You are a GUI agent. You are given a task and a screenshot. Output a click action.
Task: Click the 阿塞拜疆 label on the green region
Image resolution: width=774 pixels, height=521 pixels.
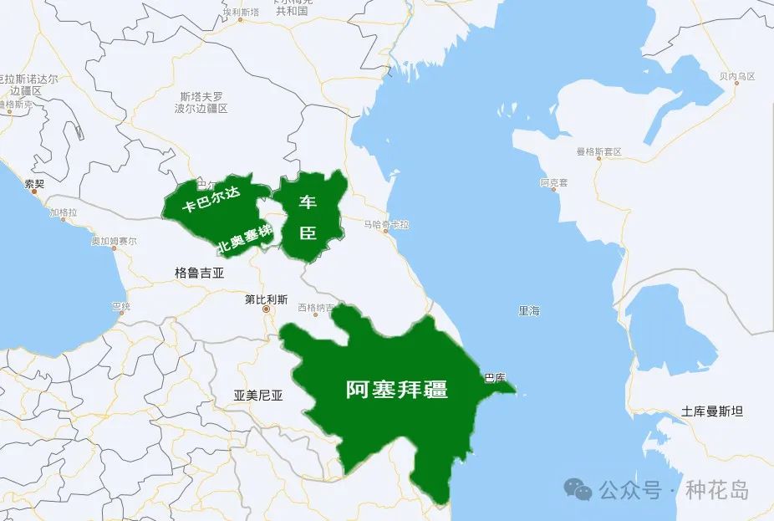pyautogui.click(x=397, y=390)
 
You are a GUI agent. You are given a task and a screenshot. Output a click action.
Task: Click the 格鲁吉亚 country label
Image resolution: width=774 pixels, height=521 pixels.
pyautogui.click(x=200, y=273)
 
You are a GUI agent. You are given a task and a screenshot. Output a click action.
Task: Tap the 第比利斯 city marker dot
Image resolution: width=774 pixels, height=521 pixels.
pyautogui.click(x=267, y=310)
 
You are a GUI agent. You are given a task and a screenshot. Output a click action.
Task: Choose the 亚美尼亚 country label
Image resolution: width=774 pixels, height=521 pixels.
pyautogui.click(x=258, y=396)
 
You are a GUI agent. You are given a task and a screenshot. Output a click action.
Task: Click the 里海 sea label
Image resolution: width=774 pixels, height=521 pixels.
pyautogui.click(x=529, y=311)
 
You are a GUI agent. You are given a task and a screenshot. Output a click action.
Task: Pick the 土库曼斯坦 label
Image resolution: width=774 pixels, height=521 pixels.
pyautogui.click(x=712, y=411)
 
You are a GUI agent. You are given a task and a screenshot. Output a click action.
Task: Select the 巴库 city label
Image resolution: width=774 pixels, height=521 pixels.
pyautogui.click(x=496, y=378)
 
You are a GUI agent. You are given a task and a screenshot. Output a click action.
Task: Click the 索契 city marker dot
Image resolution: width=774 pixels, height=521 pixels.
pyautogui.click(x=34, y=192)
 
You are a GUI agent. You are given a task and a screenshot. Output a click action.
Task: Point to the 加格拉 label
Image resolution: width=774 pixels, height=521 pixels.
pyautogui.click(x=63, y=213)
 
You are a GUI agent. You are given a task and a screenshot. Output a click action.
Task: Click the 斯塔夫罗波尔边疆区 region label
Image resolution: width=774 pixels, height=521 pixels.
pyautogui.click(x=201, y=103)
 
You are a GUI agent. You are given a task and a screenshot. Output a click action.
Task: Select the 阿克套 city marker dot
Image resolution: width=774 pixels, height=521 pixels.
pyautogui.click(x=554, y=189)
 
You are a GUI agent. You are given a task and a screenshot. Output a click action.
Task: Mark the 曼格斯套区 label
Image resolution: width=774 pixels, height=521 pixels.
pyautogui.click(x=598, y=152)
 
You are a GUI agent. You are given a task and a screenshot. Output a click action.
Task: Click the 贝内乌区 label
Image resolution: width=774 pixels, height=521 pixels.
pyautogui.click(x=736, y=76)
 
